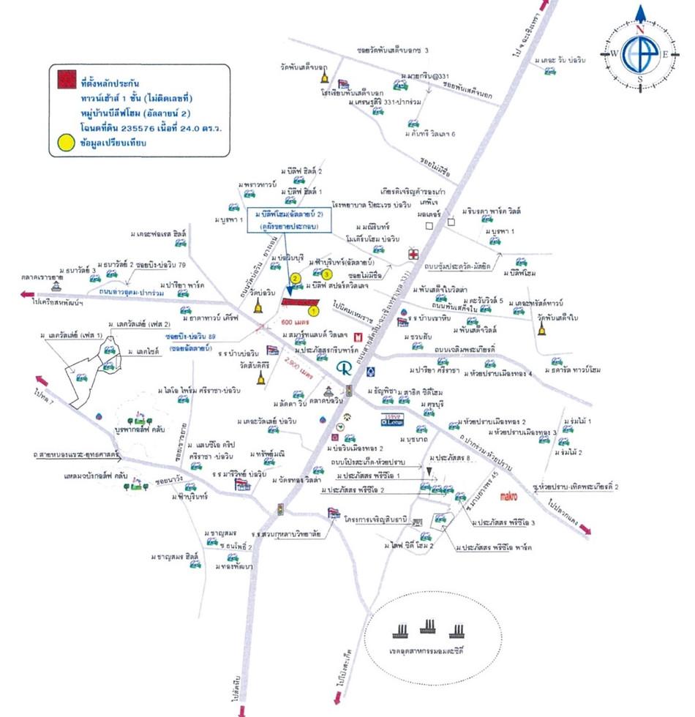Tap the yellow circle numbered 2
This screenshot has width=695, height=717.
coord(294,278)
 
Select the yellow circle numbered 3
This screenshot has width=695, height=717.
coord(327,274)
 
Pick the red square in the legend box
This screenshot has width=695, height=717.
coord(64,78)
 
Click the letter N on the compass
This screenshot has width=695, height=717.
coord(639,30)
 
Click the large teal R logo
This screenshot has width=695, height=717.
coord(342,367)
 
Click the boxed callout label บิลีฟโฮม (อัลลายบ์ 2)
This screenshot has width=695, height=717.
coord(290,220)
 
